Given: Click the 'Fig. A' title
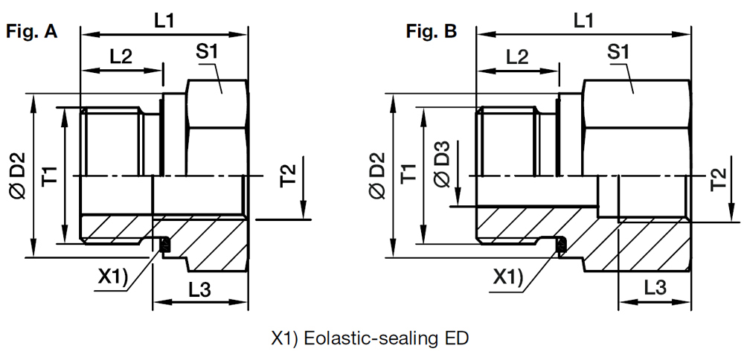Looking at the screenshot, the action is pyautogui.click(x=32, y=32).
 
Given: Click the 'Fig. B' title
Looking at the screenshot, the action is pyautogui.click(x=432, y=32).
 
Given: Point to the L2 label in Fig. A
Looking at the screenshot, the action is pyautogui.click(x=121, y=57).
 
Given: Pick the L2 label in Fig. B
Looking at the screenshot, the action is pyautogui.click(x=517, y=57).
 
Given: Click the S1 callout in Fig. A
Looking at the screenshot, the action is pyautogui.click(x=208, y=52).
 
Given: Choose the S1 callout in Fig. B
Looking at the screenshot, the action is pyautogui.click(x=618, y=52).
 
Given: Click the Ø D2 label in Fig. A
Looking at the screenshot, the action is pyautogui.click(x=17, y=176).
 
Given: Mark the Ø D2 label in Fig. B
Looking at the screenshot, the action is pyautogui.click(x=378, y=176).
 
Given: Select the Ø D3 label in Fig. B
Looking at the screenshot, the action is pyautogui.click(x=442, y=164).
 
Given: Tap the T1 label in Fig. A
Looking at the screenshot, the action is pyautogui.click(x=51, y=175).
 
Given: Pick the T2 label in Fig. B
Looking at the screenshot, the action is pyautogui.click(x=719, y=181).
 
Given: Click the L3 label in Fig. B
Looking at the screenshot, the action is pyautogui.click(x=655, y=287).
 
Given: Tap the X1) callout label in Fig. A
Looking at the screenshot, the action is pyautogui.click(x=112, y=278).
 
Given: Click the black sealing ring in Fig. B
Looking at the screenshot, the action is pyautogui.click(x=561, y=245).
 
